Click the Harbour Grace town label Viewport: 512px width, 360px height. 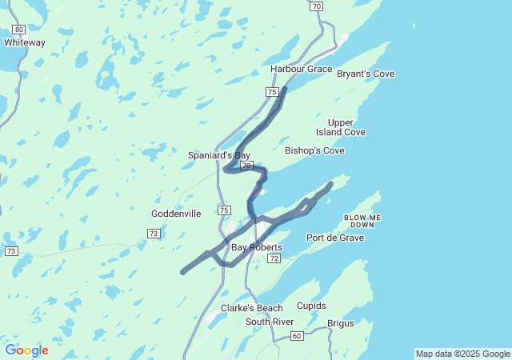(301, 69)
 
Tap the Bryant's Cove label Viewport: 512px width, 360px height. (365, 74)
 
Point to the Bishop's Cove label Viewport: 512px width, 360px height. (314, 150)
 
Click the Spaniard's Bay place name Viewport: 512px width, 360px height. (219, 155)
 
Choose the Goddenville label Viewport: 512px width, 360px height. (177, 214)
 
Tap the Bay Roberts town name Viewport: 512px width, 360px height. (256, 247)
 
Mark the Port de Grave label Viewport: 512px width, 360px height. (335, 238)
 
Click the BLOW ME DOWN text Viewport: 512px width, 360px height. (362, 221)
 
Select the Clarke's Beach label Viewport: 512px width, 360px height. (252, 308)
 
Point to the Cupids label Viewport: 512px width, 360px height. (311, 306)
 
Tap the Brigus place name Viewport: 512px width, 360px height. (341, 323)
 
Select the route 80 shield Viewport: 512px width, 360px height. (18, 29)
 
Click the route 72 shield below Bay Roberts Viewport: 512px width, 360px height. (274, 259)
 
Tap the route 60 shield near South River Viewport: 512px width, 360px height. (296, 335)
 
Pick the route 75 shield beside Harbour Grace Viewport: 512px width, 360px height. (272, 92)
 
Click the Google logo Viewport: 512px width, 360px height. (26, 350)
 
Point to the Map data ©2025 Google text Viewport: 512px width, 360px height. (462, 354)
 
